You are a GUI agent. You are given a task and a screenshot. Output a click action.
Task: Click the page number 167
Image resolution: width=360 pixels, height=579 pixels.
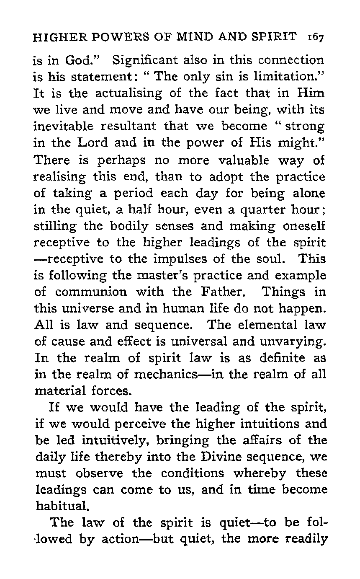[314, 38]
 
